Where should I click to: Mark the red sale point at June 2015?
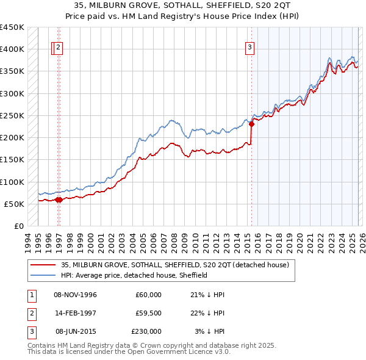coord(251,124)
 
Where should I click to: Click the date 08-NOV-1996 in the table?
coord(76,295)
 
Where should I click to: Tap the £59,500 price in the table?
coord(148,313)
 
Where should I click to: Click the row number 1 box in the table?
coord(30,295)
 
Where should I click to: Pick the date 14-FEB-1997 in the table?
coord(76,313)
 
